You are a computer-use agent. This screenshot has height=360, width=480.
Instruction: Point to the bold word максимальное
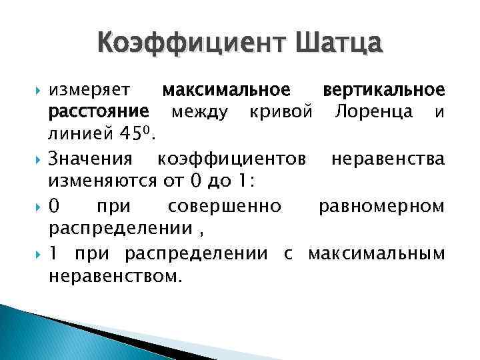[227, 90]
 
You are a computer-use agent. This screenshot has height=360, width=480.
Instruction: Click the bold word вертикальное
[383, 90]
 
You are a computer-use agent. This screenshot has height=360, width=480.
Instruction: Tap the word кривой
[280, 112]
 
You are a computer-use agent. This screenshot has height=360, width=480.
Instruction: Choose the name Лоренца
[377, 112]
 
